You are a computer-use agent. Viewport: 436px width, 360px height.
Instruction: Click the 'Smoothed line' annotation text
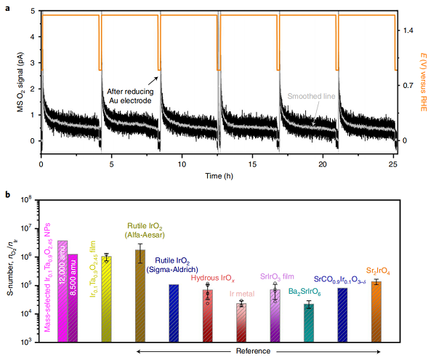tap(311, 95)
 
